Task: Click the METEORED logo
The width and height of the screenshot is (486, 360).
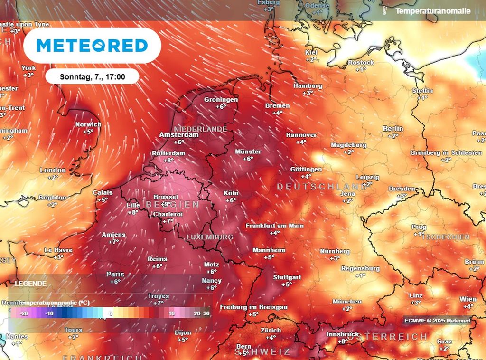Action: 92,46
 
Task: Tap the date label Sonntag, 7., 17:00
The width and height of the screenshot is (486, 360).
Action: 93,76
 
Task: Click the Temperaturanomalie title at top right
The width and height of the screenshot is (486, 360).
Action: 433,10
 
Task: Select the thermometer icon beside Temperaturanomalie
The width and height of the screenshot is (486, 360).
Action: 385,10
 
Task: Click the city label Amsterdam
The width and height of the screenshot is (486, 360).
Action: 179,135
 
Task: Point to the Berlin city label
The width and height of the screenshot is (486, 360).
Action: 393,129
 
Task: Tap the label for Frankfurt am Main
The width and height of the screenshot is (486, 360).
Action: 274,226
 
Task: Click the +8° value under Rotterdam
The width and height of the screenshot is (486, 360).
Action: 168,161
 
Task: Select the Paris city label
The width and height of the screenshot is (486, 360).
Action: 115,274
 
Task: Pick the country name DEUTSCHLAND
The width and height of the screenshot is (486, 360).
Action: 322,187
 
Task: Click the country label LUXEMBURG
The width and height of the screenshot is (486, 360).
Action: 210,237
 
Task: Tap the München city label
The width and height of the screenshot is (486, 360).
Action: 347,302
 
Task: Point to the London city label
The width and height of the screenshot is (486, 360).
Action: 53,170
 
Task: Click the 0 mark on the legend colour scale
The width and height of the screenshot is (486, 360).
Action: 110,313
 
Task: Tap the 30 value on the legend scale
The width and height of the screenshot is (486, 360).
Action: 206,313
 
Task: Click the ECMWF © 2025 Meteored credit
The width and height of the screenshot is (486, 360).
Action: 437,321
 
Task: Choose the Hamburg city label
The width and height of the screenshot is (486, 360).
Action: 308,86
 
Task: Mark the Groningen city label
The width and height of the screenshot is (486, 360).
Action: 221,100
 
